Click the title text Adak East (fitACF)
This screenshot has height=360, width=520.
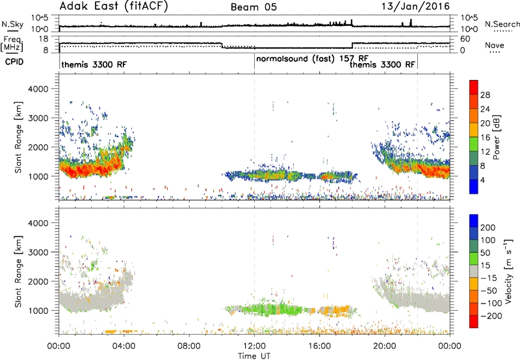click(x=114, y=6)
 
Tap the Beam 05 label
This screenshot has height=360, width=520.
click(x=253, y=7)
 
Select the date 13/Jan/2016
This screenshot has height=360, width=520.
click(x=415, y=6)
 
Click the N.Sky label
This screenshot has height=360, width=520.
click(x=12, y=24)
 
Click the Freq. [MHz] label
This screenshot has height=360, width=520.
click(x=12, y=44)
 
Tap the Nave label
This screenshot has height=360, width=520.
click(x=495, y=45)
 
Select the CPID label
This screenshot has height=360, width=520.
click(x=14, y=62)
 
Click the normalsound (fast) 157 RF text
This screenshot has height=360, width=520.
click(x=312, y=59)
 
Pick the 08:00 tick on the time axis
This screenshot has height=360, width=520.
click(x=189, y=346)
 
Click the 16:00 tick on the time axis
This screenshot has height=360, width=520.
click(x=319, y=346)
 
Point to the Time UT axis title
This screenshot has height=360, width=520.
click(x=254, y=356)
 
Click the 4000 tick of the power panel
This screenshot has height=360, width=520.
click(x=38, y=89)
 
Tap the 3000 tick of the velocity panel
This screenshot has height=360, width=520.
click(x=38, y=252)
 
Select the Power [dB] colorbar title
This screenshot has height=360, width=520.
click(x=496, y=137)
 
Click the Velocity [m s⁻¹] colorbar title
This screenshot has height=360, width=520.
click(x=508, y=270)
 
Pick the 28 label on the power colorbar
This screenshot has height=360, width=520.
click(x=485, y=95)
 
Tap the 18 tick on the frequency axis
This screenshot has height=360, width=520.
click(x=44, y=39)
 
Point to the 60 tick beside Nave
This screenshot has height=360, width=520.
click(x=465, y=39)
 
